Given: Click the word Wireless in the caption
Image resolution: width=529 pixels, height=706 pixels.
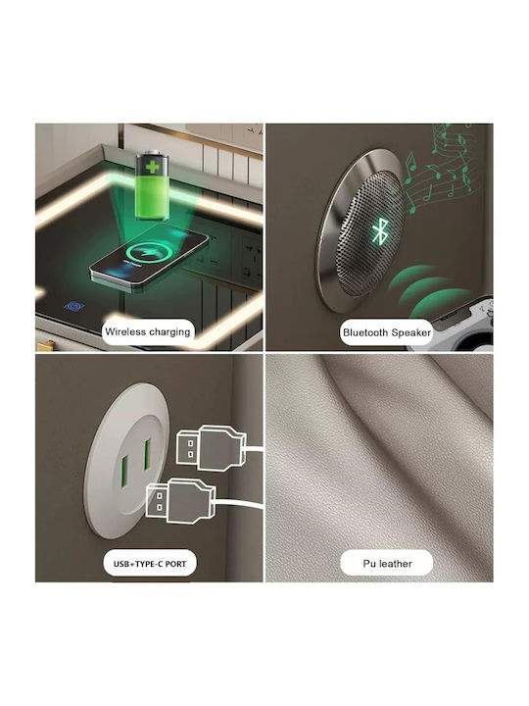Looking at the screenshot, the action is coord(125,331).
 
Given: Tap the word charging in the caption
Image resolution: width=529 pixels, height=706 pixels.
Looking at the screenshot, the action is coord(169,332).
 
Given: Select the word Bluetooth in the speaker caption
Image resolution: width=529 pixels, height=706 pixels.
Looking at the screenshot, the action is coord(365,332).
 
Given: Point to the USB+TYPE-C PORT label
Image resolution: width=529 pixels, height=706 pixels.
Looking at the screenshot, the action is coord(150,564).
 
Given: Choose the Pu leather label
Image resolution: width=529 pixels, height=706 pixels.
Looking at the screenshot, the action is coord(387,564).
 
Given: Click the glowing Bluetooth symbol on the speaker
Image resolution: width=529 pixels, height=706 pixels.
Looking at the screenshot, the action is coord(380,231).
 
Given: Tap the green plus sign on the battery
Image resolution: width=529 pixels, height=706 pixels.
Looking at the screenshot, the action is coord(153,167).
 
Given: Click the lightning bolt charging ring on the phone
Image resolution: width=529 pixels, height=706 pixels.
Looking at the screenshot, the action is coord(148,252).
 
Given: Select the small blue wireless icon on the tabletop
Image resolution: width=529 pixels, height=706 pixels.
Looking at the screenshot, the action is coord(74,307).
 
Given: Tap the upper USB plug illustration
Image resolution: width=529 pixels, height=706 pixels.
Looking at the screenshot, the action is coord(212,448).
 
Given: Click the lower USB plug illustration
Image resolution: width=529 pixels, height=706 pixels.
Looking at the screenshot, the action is coord(181,501).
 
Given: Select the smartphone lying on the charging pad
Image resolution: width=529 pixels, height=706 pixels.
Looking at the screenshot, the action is coord(150,258).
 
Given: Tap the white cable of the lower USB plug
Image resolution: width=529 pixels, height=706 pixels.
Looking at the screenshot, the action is coord(239,504).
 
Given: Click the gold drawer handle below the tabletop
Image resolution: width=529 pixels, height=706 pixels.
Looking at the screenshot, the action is coord(45,346).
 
